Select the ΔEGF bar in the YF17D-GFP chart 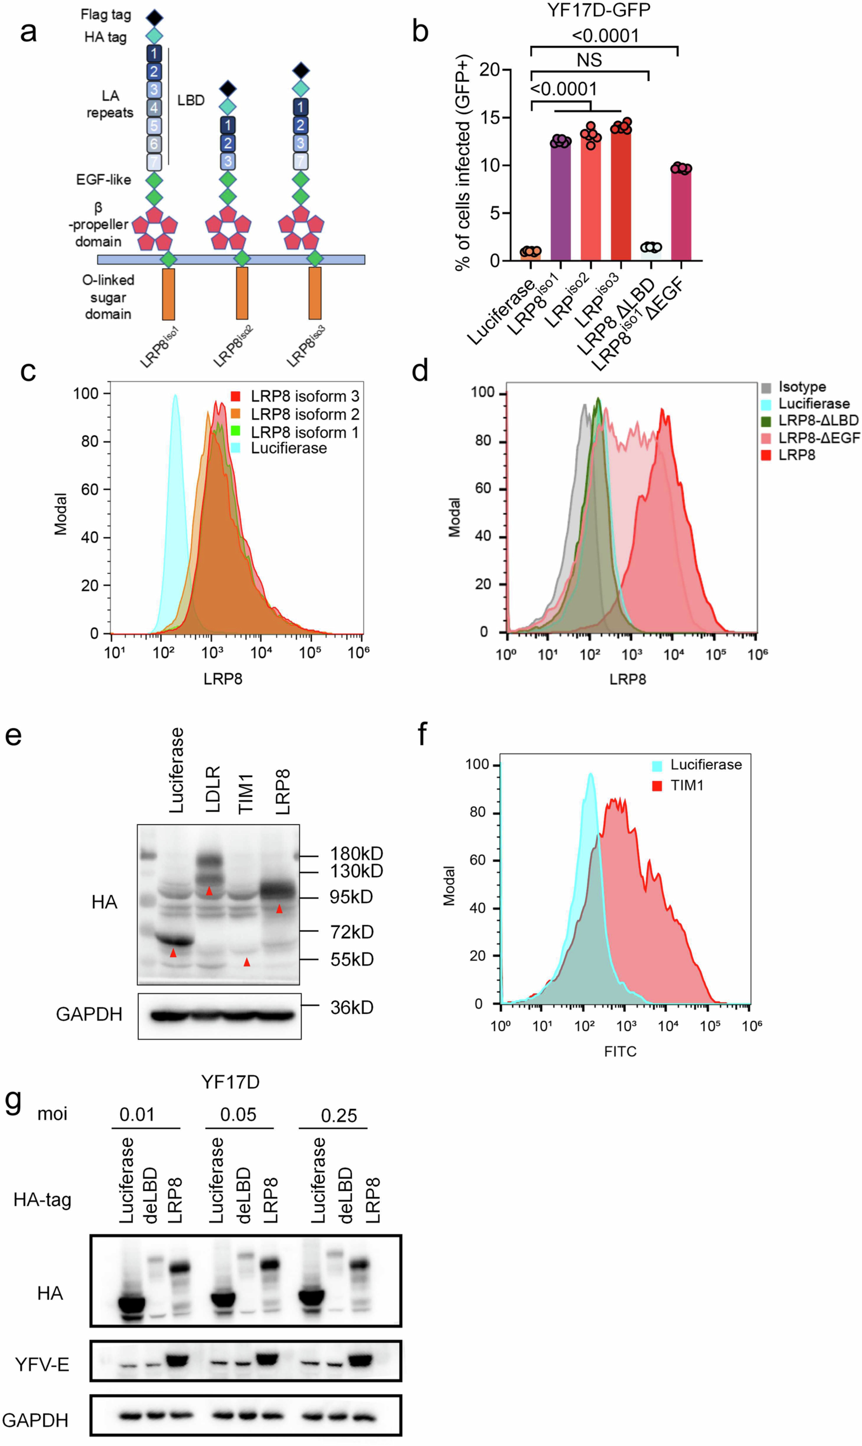coord(681,215)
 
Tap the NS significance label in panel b coord(589,60)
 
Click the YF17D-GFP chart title coord(598,10)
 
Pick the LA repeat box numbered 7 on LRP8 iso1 coord(154,161)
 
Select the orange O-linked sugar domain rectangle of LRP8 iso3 coord(315,293)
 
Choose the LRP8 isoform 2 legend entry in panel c coord(296,414)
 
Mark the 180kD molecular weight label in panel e coord(356,854)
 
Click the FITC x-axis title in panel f coord(620,1051)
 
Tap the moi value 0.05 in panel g coord(238,1114)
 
